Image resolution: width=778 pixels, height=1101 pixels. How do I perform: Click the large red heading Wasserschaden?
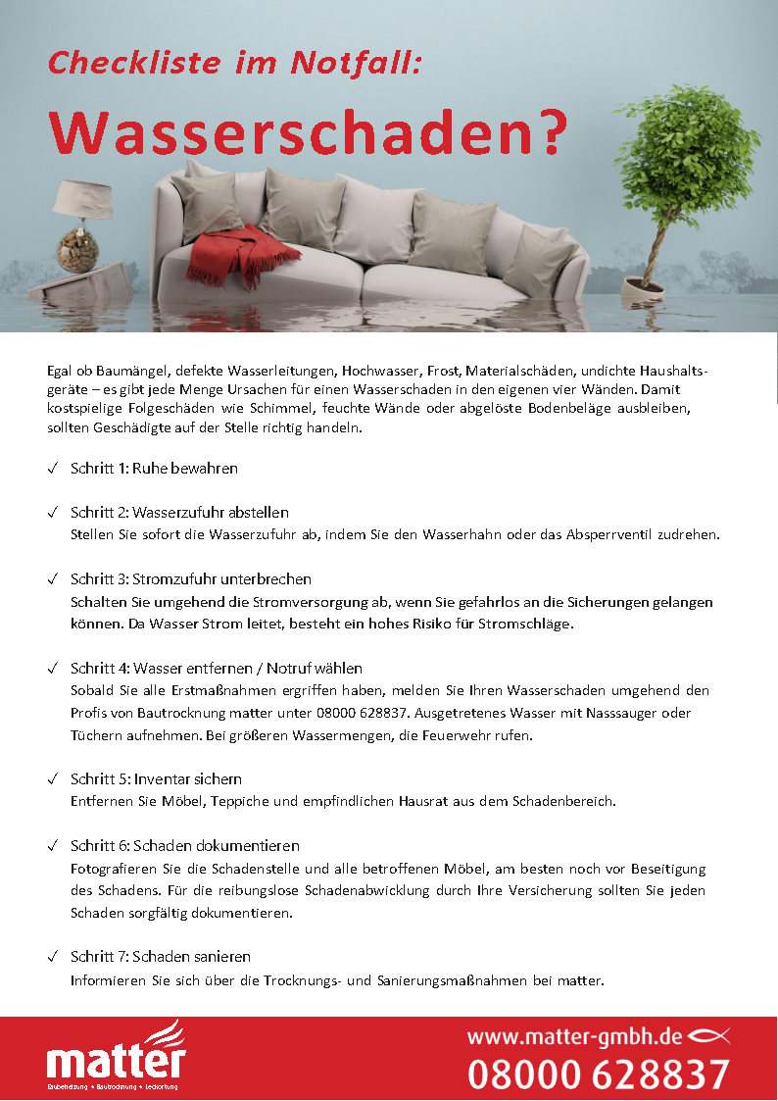coord(308,132)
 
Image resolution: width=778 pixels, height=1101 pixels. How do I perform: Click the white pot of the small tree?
coord(642,287)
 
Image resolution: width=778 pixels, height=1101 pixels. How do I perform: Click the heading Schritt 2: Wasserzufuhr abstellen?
coord(179,513)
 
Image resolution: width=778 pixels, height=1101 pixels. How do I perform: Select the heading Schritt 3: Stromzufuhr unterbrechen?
coord(191,579)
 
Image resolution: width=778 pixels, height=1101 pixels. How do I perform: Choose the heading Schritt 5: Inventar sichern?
coord(156,778)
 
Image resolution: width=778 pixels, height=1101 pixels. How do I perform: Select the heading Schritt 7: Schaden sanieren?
coord(161,956)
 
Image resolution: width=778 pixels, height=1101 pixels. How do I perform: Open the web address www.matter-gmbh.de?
coord(574,1036)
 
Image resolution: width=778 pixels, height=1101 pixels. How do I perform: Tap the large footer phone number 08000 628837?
coord(599,1074)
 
